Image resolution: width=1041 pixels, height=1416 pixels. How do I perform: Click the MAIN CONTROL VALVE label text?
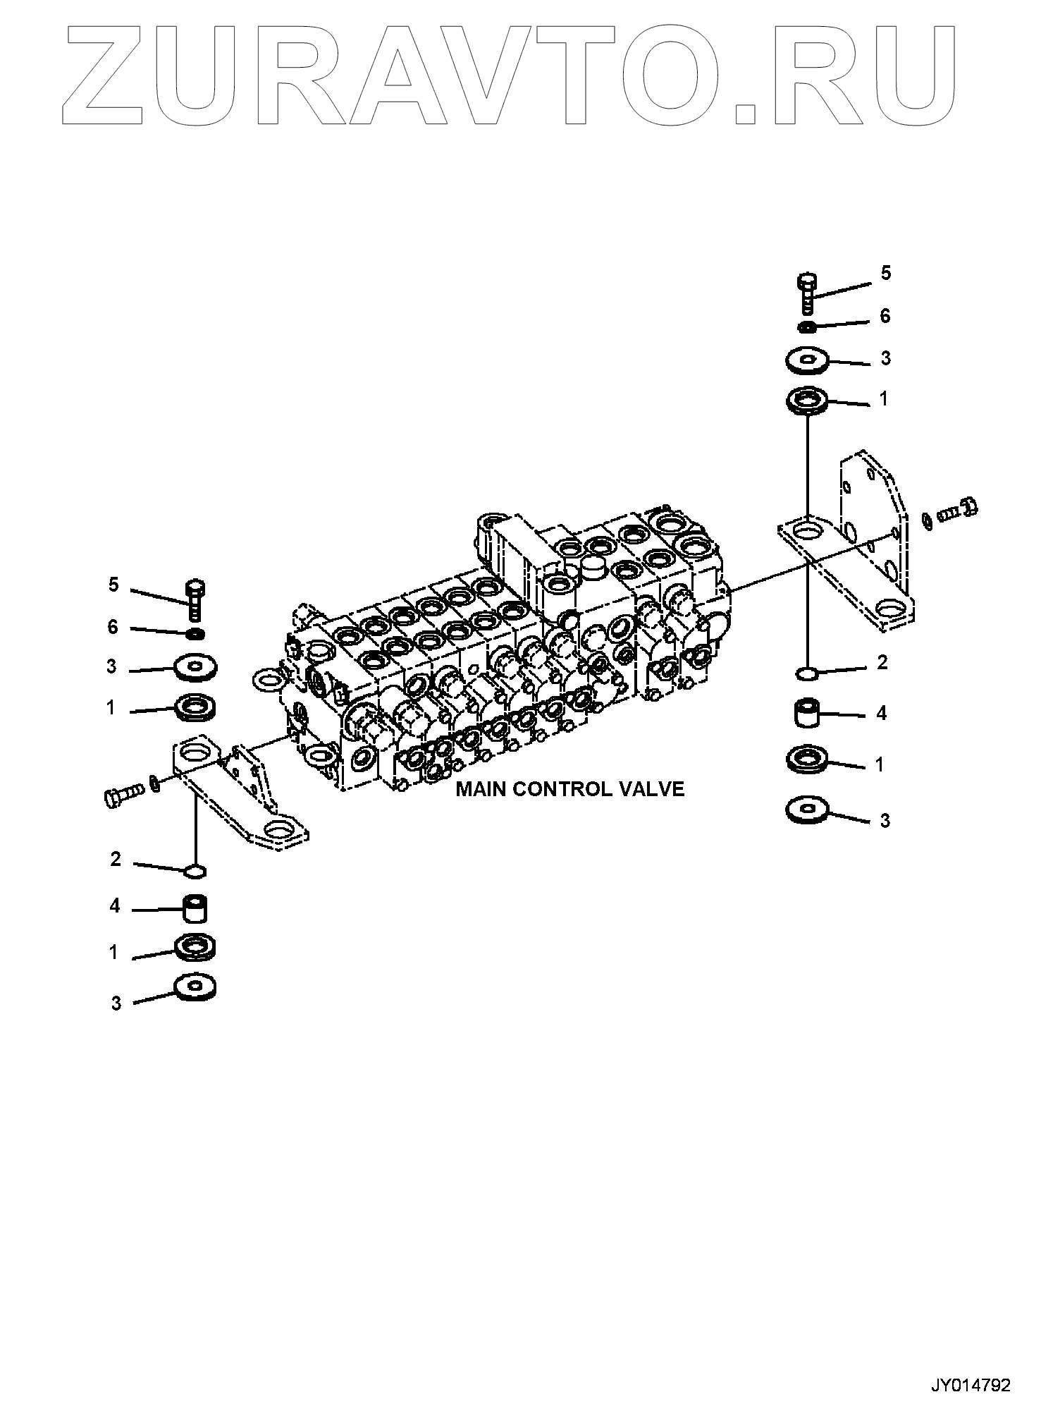(x=569, y=788)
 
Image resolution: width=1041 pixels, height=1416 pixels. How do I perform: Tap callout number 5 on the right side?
(x=886, y=273)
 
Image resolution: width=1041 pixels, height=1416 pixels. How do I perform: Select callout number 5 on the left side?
(x=113, y=585)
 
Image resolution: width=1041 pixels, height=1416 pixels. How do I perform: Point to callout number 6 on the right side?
(x=885, y=316)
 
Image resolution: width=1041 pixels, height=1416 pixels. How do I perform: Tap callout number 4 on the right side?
(x=881, y=714)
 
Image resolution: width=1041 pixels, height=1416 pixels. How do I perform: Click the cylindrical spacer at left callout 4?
(x=195, y=909)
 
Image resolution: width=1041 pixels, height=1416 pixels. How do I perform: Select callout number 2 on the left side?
(x=115, y=859)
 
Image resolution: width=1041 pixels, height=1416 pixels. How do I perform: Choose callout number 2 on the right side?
(x=882, y=663)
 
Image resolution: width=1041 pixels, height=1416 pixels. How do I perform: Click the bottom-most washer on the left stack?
(x=195, y=987)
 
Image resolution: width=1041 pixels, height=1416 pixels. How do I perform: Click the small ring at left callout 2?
(x=195, y=872)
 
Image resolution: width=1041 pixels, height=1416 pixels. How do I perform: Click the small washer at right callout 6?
(x=808, y=326)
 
